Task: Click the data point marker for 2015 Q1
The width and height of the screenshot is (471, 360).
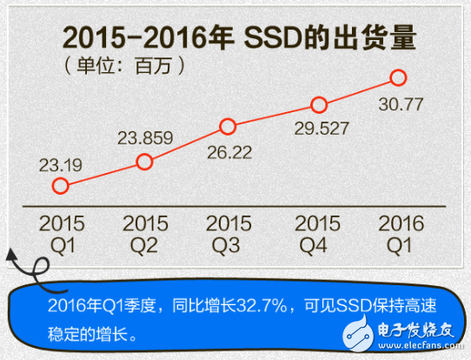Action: pos(60,185)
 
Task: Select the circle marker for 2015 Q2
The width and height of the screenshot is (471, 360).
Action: pos(145,161)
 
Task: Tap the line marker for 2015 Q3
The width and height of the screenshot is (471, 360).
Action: pos(228,127)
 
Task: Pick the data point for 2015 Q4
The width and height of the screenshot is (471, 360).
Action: pos(318,105)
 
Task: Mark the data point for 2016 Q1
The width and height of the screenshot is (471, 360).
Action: pos(399,77)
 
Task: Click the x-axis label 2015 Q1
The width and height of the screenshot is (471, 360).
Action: pos(62,234)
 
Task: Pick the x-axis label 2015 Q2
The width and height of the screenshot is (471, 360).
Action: pos(145,234)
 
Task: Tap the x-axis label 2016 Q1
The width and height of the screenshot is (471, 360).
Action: pos(401,234)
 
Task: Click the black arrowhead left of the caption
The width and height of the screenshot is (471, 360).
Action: pos(12,255)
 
